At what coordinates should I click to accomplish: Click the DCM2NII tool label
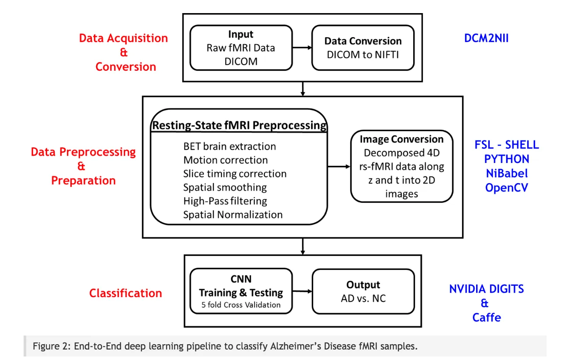point(486,38)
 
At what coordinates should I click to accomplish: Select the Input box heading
point(240,35)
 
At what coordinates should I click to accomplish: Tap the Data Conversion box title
point(363,41)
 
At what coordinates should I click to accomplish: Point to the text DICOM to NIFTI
point(363,55)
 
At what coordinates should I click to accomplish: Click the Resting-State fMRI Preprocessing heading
point(239,126)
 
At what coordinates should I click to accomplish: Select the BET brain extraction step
point(230,146)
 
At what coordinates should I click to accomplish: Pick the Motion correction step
point(226,160)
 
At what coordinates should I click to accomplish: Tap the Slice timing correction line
point(235,174)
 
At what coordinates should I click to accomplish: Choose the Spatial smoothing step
point(225,187)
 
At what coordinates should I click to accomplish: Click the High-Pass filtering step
point(225,201)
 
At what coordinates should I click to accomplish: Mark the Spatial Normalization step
point(233,215)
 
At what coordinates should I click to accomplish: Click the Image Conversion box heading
point(401,139)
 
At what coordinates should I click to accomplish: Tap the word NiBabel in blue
point(507,173)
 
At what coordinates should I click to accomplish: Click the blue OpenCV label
point(507,188)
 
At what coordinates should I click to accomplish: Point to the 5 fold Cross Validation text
point(241,305)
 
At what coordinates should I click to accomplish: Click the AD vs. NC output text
point(363,299)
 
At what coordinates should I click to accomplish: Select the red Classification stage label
point(125,293)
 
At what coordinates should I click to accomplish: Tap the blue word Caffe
point(486,317)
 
